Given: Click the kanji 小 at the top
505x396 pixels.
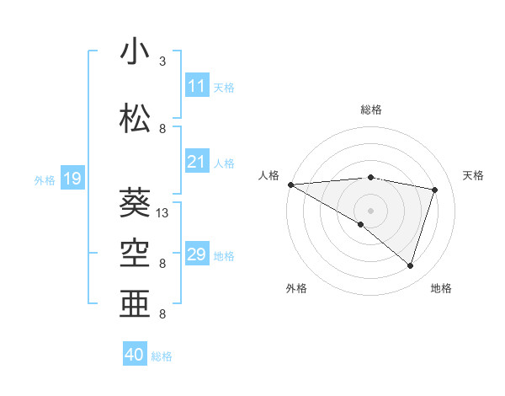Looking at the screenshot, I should pyautogui.click(x=136, y=51).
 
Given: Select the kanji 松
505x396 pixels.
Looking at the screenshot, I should pyautogui.click(x=136, y=119).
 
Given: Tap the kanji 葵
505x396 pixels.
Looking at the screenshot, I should pyautogui.click(x=136, y=203).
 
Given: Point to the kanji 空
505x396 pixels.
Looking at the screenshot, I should pyautogui.click(x=136, y=253).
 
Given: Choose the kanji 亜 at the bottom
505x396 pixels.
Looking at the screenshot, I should pyautogui.click(x=136, y=303).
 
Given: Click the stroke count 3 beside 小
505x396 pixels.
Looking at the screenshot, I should pyautogui.click(x=162, y=62).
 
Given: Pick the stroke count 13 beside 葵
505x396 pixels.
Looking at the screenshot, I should pyautogui.click(x=162, y=212).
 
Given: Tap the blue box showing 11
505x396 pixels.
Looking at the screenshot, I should pyautogui.click(x=196, y=86).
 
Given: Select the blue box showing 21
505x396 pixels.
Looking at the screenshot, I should pyautogui.click(x=196, y=162).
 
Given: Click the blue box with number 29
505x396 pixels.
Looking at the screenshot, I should pyautogui.click(x=196, y=254).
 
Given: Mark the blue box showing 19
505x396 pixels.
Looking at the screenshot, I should pyautogui.click(x=72, y=179).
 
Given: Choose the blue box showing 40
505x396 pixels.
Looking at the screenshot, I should pyautogui.click(x=135, y=356).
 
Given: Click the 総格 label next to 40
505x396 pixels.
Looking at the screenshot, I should pyautogui.click(x=162, y=356).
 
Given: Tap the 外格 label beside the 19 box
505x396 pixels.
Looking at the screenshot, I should pyautogui.click(x=44, y=179).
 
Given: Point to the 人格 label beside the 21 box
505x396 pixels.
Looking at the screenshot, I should pyautogui.click(x=224, y=163).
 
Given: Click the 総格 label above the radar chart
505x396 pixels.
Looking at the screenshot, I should pyautogui.click(x=370, y=110).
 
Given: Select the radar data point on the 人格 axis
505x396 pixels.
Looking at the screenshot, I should pyautogui.click(x=290, y=184).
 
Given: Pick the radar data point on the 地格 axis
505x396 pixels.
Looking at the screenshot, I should pyautogui.click(x=411, y=266).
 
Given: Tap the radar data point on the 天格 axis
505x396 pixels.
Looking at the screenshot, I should pyautogui.click(x=435, y=190).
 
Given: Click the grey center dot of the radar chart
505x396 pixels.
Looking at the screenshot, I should pyautogui.click(x=370, y=209).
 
